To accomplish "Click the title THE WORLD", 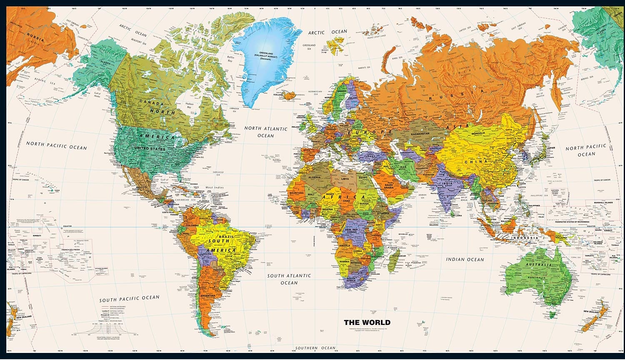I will point(367,322).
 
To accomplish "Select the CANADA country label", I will point(151,102).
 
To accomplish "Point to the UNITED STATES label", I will point(150,149).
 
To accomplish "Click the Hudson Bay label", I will point(190,105).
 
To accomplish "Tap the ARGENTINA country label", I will point(207,295).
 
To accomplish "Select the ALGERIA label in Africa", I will point(314,177).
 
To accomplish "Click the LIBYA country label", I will point(345,179).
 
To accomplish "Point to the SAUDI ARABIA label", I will point(389,186).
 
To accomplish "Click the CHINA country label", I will point(479,161).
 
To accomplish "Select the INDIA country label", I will point(447,184).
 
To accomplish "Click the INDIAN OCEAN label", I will point(465,259).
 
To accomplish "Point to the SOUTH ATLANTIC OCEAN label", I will point(289,279).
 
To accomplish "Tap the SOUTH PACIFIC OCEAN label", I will point(129,298).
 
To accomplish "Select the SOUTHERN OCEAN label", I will point(315,348).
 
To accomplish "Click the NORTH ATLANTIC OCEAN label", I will point(266,132).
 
